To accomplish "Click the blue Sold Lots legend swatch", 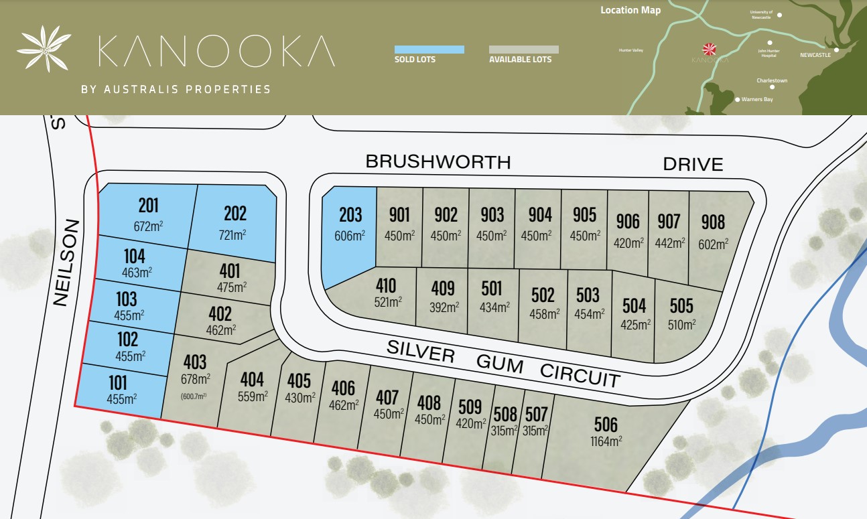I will tap(429, 50).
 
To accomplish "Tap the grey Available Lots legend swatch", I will tap(523, 50).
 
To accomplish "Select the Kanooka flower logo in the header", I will tap(44, 49).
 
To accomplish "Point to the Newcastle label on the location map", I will tap(815, 55).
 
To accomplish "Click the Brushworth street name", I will tap(438, 162).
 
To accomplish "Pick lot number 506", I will tap(606, 424).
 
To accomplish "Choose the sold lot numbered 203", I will tap(350, 215).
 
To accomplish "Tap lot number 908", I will tap(713, 222).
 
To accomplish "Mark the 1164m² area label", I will tap(606, 441).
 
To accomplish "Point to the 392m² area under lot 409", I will tap(443, 307).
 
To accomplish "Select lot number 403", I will tap(194, 362).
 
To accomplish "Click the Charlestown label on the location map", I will tap(772, 80).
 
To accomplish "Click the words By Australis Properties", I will tap(176, 89).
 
